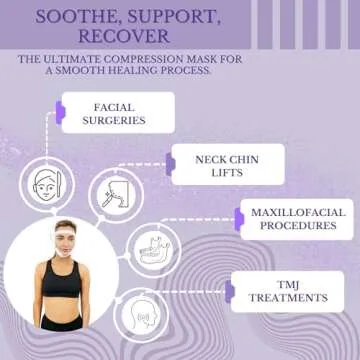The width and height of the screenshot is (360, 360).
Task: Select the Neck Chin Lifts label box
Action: point(227,164)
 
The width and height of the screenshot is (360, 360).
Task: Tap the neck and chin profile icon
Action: point(116,194)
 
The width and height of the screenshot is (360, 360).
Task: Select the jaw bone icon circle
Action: point(153,249)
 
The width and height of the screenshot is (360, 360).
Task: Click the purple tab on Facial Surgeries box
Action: point(61,113)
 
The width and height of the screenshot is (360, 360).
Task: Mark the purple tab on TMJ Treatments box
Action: point(230,291)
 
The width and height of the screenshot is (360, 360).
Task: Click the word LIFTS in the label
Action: point(227,171)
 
